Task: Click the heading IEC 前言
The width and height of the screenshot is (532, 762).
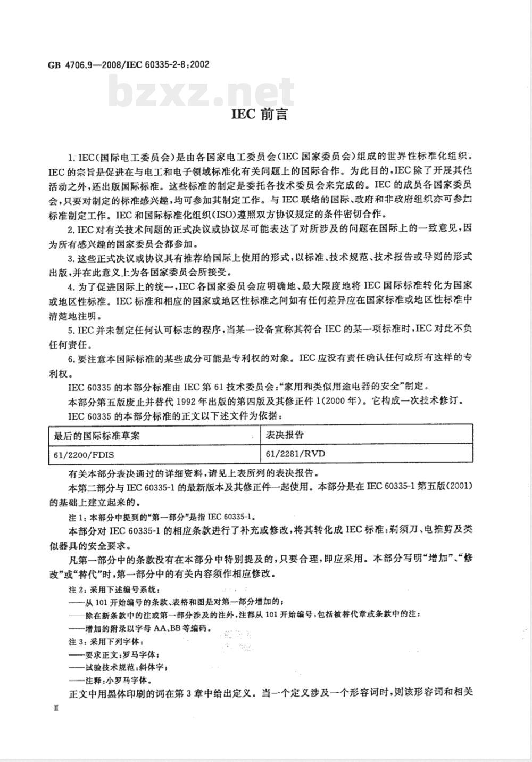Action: (260, 114)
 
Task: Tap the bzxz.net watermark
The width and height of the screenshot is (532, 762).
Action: (203, 92)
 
